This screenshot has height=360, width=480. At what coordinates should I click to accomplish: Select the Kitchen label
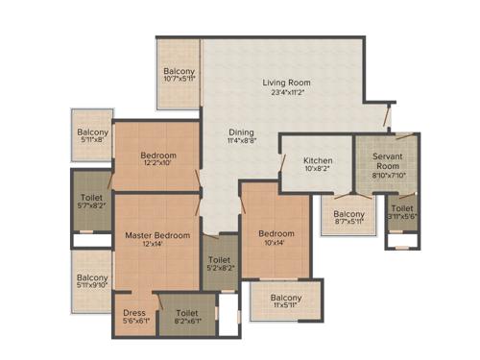click(317, 160)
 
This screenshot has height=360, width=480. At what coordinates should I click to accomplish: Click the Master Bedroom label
click(156, 235)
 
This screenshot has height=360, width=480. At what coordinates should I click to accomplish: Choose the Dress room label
click(133, 314)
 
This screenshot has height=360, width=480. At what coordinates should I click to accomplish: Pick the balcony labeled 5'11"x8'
click(93, 134)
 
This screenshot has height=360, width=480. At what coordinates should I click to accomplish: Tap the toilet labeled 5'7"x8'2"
click(92, 204)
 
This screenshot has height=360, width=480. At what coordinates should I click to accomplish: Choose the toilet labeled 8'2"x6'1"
click(186, 319)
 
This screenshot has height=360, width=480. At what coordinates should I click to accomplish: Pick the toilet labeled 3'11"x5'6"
click(402, 213)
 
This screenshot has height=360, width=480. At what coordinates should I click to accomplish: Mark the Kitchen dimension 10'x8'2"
click(317, 170)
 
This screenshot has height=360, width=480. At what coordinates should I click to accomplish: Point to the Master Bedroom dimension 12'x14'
click(156, 245)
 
